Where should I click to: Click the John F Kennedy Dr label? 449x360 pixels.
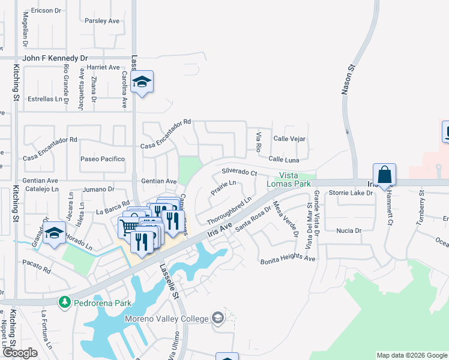pos(55,58)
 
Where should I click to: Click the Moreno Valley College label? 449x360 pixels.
pos(167,318)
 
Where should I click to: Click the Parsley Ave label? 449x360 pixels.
pos(102,20)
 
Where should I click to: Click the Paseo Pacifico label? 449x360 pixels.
pos(103,159)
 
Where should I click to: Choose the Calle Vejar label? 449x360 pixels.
pos(290,139)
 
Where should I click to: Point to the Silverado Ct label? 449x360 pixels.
pos(239,172)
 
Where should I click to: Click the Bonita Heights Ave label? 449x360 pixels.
pos(288,259)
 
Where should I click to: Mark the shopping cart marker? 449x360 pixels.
pos(128,227)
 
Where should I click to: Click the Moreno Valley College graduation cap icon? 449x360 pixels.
pos(217,318)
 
